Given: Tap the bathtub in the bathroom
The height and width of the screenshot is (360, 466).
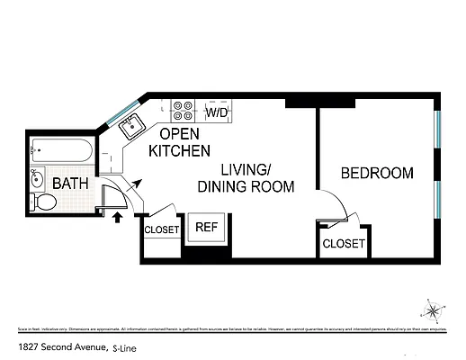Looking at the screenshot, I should (60, 150).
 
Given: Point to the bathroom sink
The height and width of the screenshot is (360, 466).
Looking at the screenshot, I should (37, 176).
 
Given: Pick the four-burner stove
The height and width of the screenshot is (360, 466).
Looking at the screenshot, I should (184, 110).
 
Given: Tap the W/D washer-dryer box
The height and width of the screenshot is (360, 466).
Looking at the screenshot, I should (216, 113).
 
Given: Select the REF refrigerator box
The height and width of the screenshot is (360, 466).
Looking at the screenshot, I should (207, 228).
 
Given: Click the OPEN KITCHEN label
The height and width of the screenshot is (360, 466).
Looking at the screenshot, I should (180, 142).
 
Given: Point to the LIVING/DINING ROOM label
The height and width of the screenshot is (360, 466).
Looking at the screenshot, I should (246, 178).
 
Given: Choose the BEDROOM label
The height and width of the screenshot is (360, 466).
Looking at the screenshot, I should (378, 173).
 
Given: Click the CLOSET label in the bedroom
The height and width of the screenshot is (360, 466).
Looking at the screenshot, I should (343, 244).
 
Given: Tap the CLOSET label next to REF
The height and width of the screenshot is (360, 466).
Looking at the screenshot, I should (163, 229).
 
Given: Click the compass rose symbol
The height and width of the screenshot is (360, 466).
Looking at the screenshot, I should (433, 311).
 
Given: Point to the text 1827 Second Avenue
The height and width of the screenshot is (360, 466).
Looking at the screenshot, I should (60, 346).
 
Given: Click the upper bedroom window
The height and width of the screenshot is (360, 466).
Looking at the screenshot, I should (437, 132).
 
